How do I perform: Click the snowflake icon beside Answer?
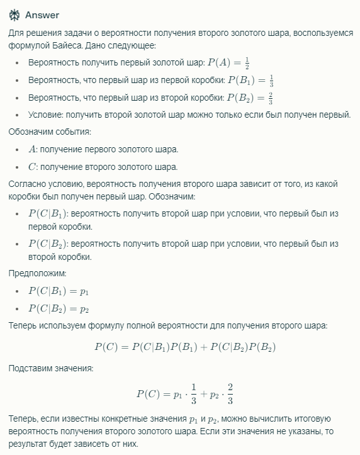click(x=14, y=15)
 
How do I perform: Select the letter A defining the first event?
click(x=33, y=149)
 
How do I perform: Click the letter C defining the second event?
click(x=33, y=167)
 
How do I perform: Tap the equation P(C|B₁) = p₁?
click(x=59, y=291)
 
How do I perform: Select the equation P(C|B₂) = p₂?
click(x=59, y=308)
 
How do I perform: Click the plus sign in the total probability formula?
click(x=202, y=347)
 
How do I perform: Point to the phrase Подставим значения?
click(x=50, y=368)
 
